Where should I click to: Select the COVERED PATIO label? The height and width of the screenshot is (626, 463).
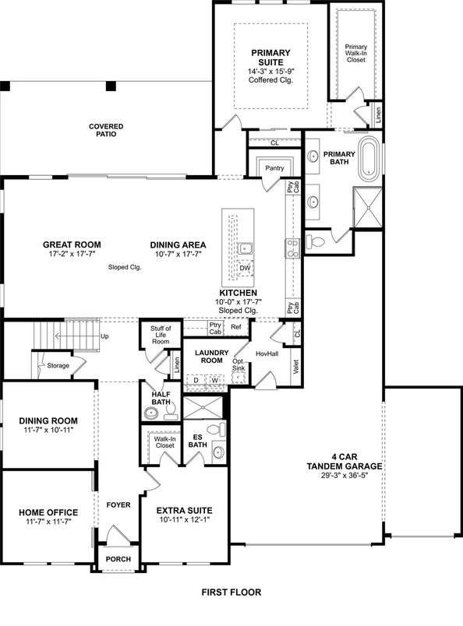point(106,130)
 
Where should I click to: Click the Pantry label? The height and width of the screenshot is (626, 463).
point(274,167)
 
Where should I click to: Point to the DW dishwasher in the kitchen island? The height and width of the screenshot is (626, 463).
point(245,267)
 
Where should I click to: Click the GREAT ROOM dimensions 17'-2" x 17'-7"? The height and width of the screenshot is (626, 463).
point(72,254)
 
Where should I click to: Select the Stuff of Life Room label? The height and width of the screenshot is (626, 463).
point(160,336)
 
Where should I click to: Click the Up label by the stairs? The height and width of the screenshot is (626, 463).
point(104,336)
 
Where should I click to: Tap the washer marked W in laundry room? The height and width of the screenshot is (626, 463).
point(214,381)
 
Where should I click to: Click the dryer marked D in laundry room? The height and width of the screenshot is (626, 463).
point(196,381)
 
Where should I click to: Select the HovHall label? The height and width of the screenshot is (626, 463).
point(267,354)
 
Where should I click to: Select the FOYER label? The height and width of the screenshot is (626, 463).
point(118,504)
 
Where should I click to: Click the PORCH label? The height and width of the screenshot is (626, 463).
point(118,560)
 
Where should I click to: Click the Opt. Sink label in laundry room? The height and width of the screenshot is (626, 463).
point(239,367)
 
